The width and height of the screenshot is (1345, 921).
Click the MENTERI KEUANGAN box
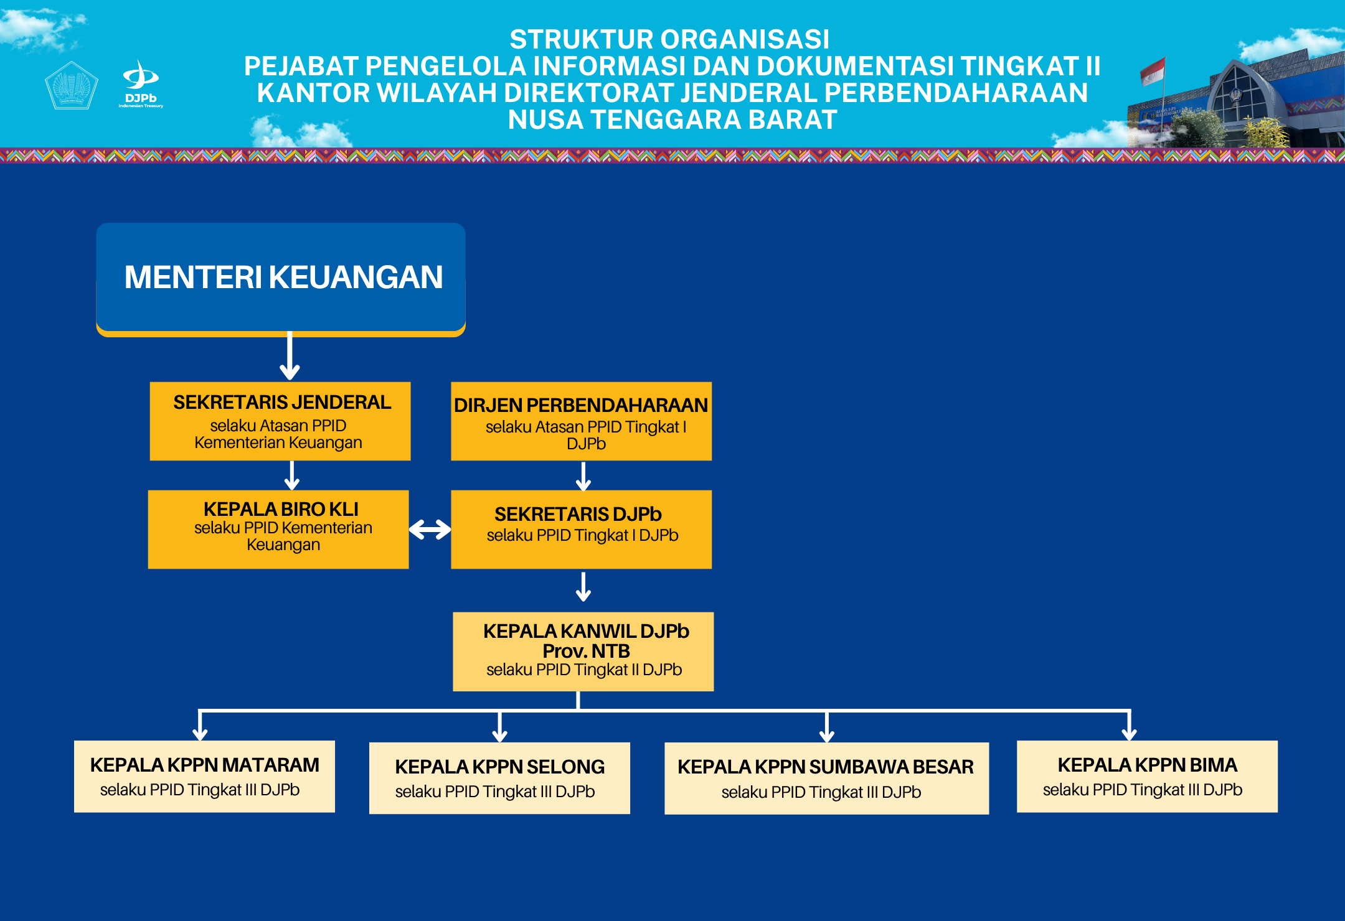click(x=281, y=278)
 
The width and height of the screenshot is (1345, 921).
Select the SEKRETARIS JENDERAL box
click(x=280, y=421)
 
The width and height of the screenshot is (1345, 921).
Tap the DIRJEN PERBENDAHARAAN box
click(x=581, y=421)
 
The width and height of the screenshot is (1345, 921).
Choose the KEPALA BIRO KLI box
click(x=278, y=529)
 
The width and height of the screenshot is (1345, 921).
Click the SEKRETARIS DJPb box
click(x=581, y=529)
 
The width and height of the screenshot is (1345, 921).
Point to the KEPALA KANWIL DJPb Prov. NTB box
click(x=583, y=652)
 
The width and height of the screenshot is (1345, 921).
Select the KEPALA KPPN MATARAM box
click(x=204, y=776)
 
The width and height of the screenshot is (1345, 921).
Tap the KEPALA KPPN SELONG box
click(x=499, y=778)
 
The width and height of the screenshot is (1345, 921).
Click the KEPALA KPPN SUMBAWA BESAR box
click(x=826, y=778)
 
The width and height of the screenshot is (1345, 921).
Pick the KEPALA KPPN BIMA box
click(x=1147, y=776)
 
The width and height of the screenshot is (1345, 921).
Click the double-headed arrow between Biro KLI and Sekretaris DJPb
click(x=430, y=530)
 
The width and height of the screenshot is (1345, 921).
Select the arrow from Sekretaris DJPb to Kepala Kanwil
click(x=583, y=587)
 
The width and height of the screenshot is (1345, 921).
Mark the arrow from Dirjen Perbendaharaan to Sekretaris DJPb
click(x=583, y=477)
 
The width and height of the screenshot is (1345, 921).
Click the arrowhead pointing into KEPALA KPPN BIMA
click(x=1130, y=733)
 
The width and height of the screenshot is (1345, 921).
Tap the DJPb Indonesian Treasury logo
click(x=141, y=85)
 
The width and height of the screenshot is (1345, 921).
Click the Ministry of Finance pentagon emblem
click(x=72, y=85)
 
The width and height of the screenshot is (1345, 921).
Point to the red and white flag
click(x=1153, y=71)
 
